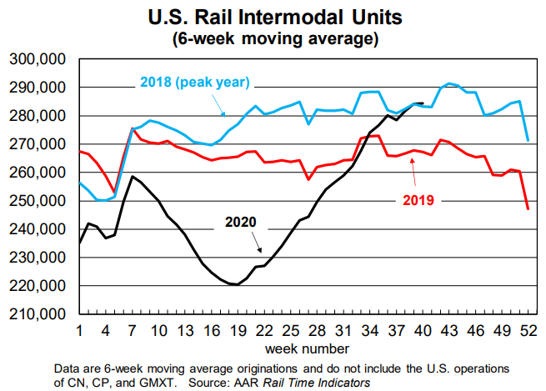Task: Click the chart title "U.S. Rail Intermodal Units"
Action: [273, 16]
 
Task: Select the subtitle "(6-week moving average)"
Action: [273, 38]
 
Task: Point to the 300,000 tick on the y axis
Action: [38, 59]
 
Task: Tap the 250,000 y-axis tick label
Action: [38, 201]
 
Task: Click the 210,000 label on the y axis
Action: [38, 315]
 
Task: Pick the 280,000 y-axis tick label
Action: [38, 116]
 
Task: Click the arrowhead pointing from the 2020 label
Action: [261, 252]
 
